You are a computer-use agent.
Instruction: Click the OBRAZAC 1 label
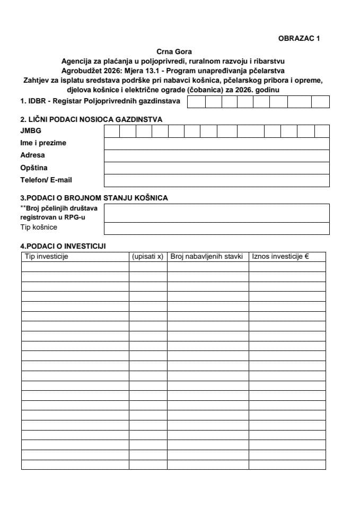pyautogui.click(x=299, y=38)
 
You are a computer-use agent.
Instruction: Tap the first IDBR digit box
pyautogui.click(x=197, y=101)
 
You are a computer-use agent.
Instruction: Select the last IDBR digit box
pyautogui.click(x=320, y=101)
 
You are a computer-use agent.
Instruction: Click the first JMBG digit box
pyautogui.click(x=112, y=131)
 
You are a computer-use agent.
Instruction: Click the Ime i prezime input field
pyautogui.click(x=216, y=143)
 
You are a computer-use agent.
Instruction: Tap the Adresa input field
pyautogui.click(x=216, y=155)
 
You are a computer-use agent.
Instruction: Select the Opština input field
pyautogui.click(x=216, y=168)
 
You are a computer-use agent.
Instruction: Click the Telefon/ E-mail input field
pyautogui.click(x=216, y=180)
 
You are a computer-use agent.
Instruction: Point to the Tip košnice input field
pyautogui.click(x=216, y=228)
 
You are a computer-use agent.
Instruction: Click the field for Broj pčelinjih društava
pyautogui.click(x=216, y=213)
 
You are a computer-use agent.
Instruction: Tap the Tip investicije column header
pyautogui.click(x=47, y=257)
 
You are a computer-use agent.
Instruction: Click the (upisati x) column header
pyautogui.click(x=147, y=257)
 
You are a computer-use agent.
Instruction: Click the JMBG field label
pyautogui.click(x=31, y=131)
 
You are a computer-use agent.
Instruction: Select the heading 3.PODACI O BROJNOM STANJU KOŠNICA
pyautogui.click(x=94, y=198)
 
